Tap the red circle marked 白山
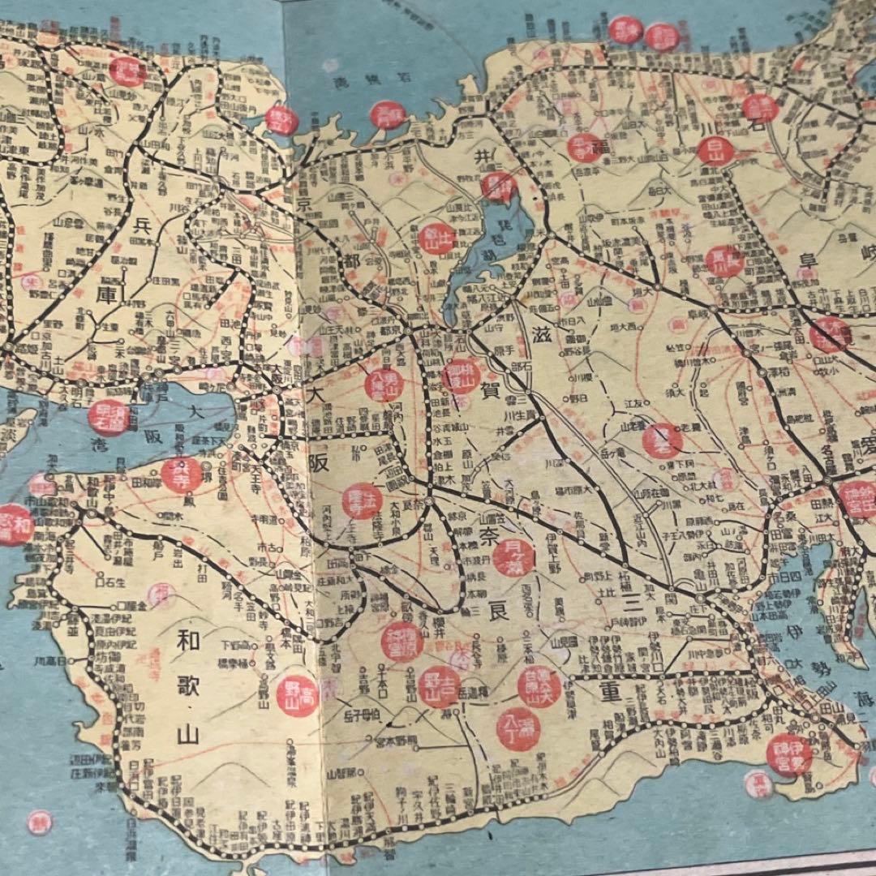pos(715,151)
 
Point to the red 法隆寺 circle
pos(362,501)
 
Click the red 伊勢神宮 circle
pos(789,754)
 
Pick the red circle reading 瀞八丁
pos(518,728)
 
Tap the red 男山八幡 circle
pos(384,384)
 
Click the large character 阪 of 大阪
pos(320,464)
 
